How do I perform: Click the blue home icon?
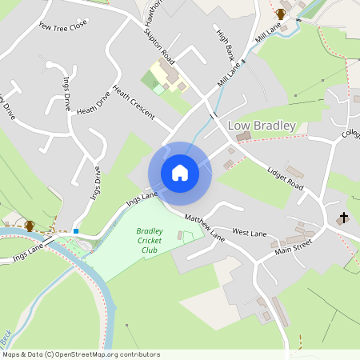(x=180, y=173)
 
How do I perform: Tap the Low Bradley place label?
(x=262, y=126)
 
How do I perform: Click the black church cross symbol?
(x=344, y=218)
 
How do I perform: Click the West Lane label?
(x=249, y=231)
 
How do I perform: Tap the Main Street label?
(x=293, y=250)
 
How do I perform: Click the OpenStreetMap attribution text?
(x=80, y=354)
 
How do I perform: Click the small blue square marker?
(x=75, y=231)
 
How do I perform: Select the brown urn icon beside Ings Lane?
(x=30, y=226)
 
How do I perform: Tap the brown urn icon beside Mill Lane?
(x=281, y=14)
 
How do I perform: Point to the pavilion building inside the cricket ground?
(x=180, y=236)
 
